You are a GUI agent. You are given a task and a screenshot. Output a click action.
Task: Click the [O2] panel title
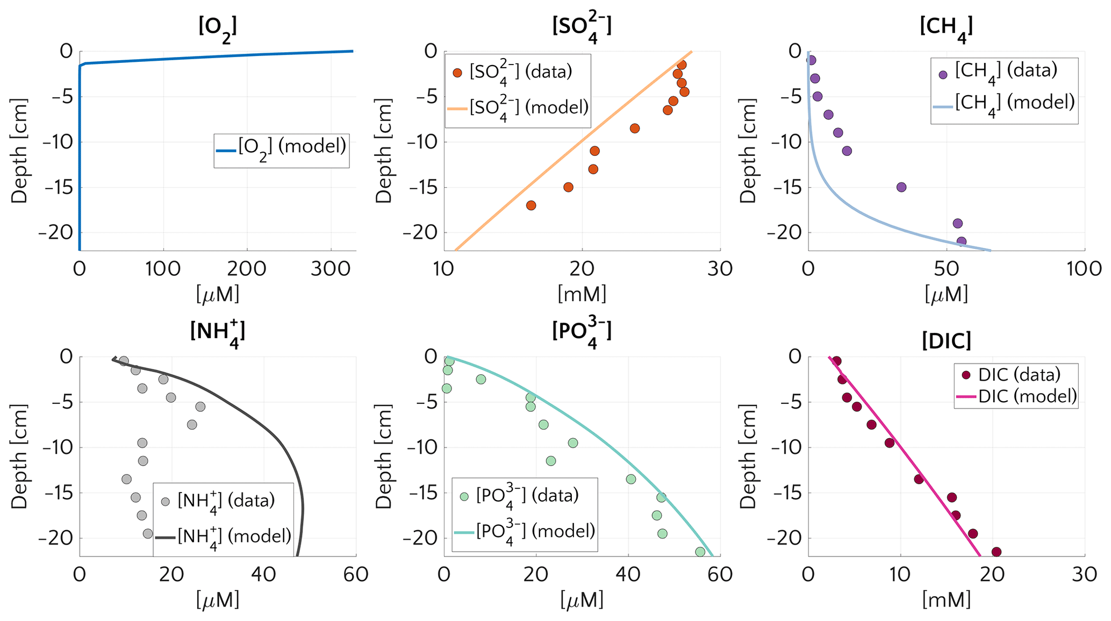[218, 27]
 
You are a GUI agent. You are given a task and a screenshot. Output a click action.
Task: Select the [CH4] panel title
[946, 27]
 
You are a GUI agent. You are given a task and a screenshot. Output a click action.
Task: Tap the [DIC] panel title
[946, 341]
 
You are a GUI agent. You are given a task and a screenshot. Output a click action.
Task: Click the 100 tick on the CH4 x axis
[1084, 268]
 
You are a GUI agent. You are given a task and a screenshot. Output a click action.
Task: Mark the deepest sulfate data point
[531, 205]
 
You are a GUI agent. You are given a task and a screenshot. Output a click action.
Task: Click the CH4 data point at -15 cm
[901, 187]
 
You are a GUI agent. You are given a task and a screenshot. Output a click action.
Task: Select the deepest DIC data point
[996, 552]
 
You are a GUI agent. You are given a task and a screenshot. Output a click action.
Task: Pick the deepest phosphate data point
[700, 552]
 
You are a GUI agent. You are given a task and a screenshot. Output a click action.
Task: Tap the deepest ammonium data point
[148, 533]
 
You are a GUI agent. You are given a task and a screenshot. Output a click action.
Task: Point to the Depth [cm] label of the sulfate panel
[383, 151]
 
